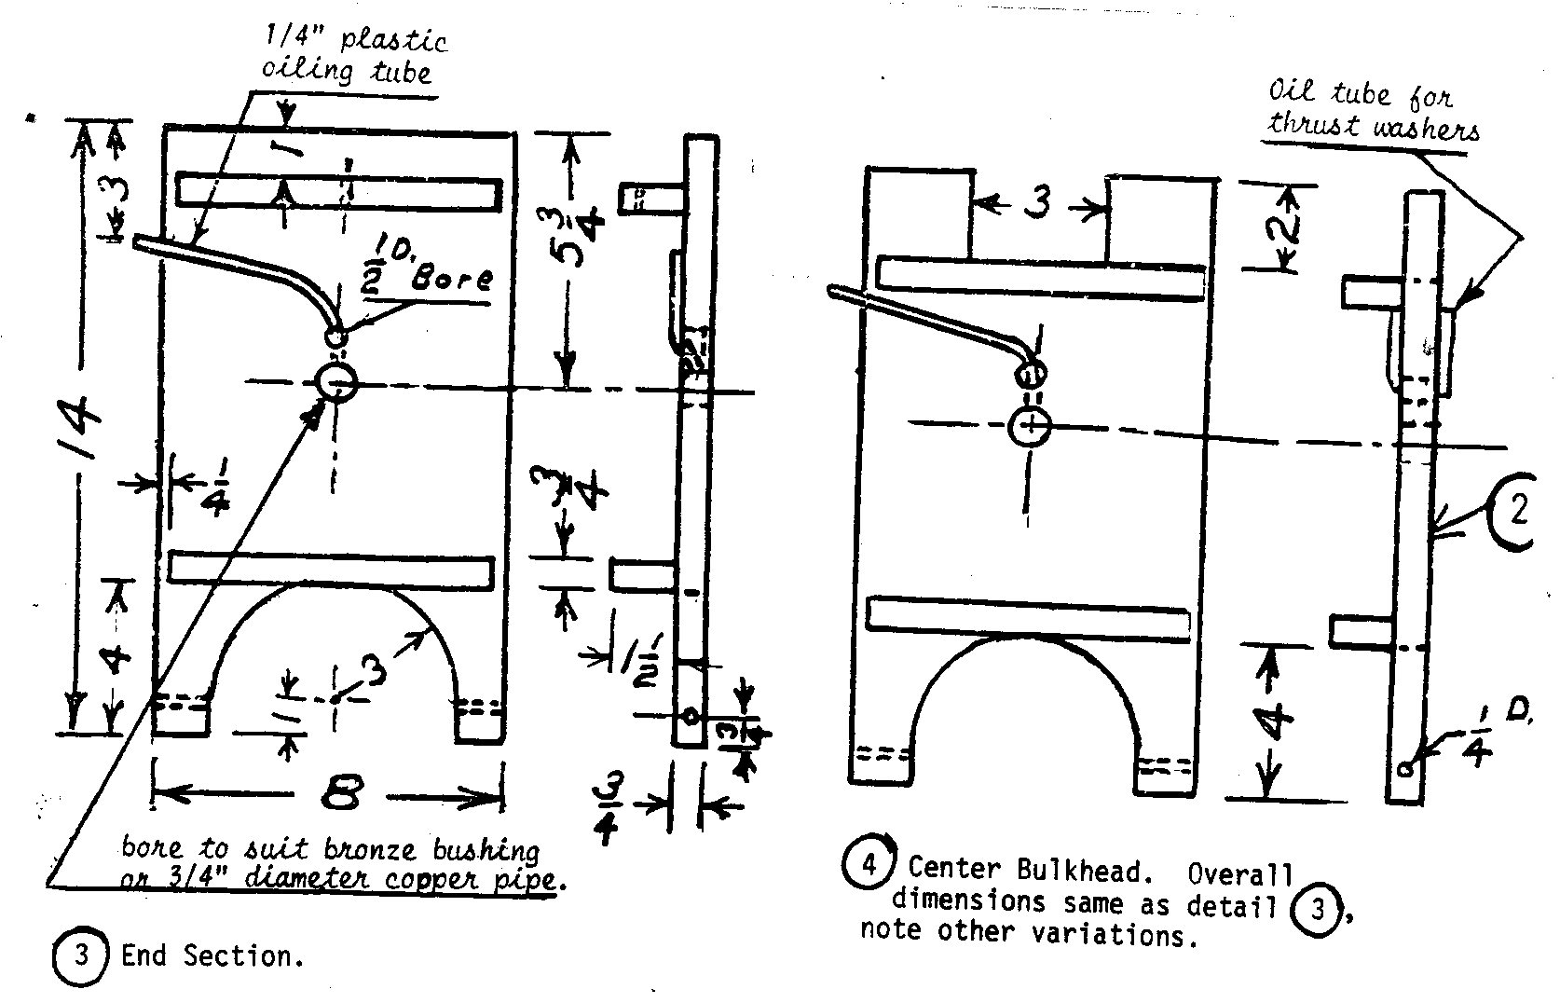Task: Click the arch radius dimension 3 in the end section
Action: [x=372, y=669]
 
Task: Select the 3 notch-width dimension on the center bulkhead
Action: [x=1037, y=202]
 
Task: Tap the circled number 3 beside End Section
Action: [x=81, y=956]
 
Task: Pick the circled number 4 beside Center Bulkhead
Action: [x=867, y=865]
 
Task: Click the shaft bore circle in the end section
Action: [x=335, y=381]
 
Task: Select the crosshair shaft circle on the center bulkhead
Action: [x=1030, y=428]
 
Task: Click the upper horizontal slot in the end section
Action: [x=337, y=192]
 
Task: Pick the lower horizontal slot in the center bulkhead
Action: [x=1029, y=619]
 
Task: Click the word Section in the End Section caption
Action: [x=237, y=957]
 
